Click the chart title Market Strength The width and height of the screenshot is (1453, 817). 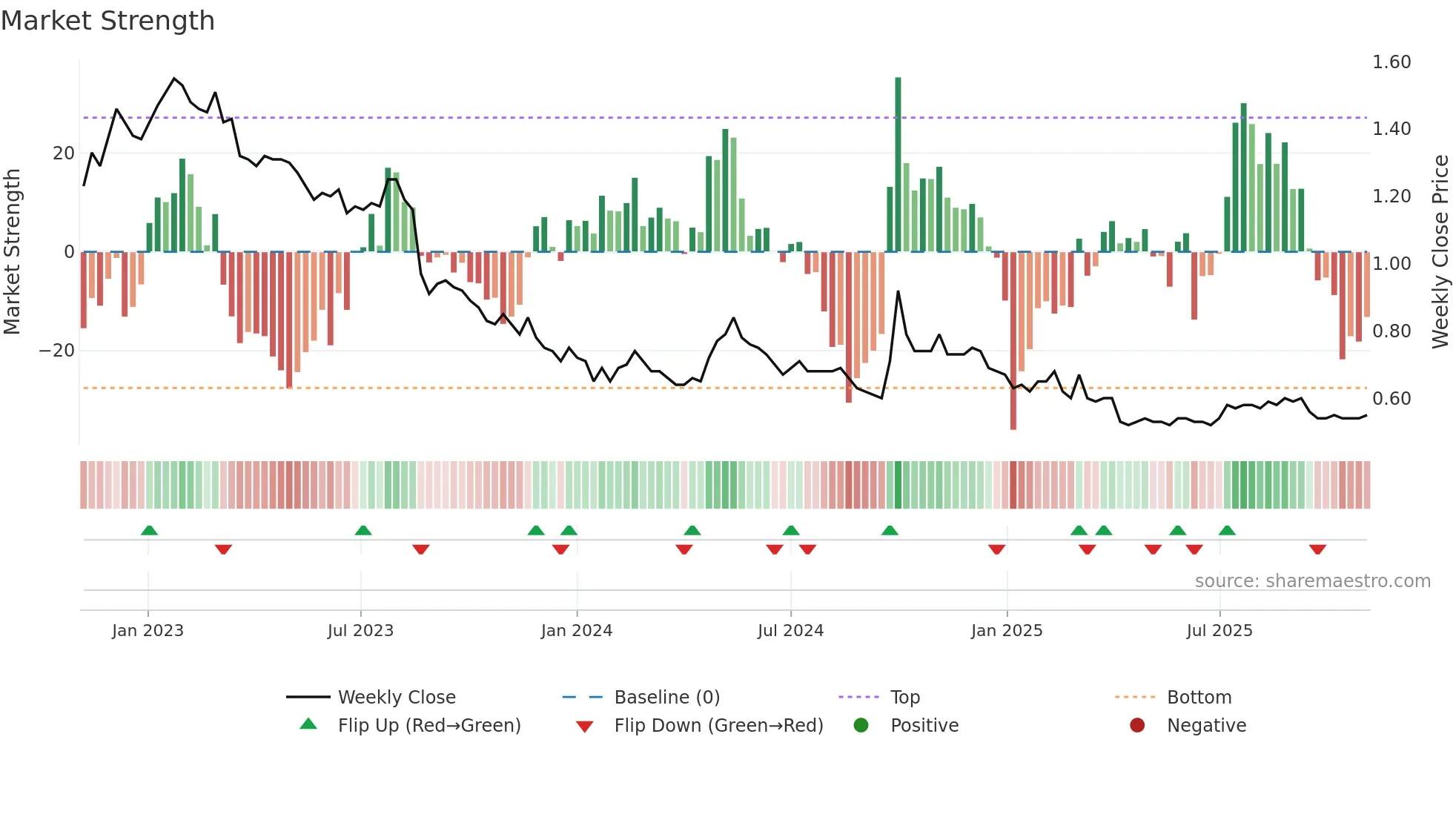point(108,21)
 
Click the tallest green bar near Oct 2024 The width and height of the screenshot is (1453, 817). point(898,163)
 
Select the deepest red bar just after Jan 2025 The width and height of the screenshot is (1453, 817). point(1013,341)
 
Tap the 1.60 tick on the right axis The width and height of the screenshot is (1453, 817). point(1391,62)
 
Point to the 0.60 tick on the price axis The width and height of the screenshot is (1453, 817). point(1391,399)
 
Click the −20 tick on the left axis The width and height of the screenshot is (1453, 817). point(57,351)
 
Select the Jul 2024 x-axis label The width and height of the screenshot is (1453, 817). point(790,631)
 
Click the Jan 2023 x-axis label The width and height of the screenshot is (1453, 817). point(148,631)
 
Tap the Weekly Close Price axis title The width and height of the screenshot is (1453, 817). point(1440,252)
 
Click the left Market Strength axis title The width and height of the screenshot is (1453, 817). point(12,252)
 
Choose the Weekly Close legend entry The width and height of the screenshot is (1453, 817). point(397,698)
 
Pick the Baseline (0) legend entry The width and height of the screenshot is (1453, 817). point(666,698)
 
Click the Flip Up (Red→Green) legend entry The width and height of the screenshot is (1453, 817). point(428,726)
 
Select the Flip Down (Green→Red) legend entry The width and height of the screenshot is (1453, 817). point(718,726)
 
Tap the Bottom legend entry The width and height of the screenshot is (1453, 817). point(1199,698)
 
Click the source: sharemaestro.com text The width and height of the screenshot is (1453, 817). point(1312,581)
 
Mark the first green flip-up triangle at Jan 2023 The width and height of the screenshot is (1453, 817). point(149,530)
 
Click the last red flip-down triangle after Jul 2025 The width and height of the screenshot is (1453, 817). point(1317,549)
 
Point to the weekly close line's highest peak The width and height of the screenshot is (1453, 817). point(174,78)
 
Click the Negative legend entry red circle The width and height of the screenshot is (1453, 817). point(1137,726)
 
